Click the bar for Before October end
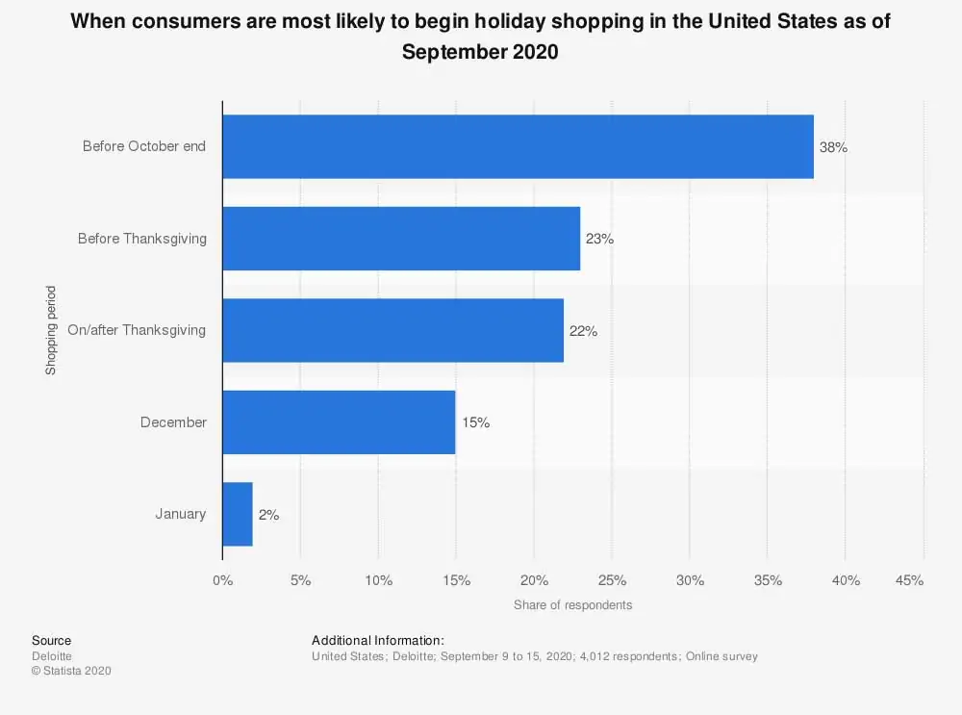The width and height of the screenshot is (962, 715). coord(518,146)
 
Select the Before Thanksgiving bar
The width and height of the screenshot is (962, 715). coord(401,239)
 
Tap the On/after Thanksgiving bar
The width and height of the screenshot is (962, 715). coord(392,330)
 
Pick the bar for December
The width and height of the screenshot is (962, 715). coord(339,421)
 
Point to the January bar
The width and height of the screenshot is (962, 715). coord(238,514)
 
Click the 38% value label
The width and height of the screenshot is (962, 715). coord(833,147)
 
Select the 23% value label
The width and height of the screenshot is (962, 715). coord(599,239)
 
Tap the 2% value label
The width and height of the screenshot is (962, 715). coord(268,515)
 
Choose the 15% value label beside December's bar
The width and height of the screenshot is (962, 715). coord(475,422)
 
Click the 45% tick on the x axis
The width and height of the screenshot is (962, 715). coord(909,580)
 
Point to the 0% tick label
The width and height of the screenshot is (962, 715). coord(222,580)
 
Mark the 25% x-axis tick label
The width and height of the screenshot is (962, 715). coord(612,580)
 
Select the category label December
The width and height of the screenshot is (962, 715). coord(173,422)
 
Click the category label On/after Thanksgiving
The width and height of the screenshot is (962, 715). coord(137,330)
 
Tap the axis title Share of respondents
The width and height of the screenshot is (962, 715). coord(572,605)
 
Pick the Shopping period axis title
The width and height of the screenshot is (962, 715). coord(50,330)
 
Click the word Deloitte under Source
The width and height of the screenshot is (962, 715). coord(52,656)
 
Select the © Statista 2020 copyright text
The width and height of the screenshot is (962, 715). coord(71,671)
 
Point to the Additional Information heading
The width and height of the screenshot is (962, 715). coord(377,640)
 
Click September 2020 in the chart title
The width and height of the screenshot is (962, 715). coord(480,52)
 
